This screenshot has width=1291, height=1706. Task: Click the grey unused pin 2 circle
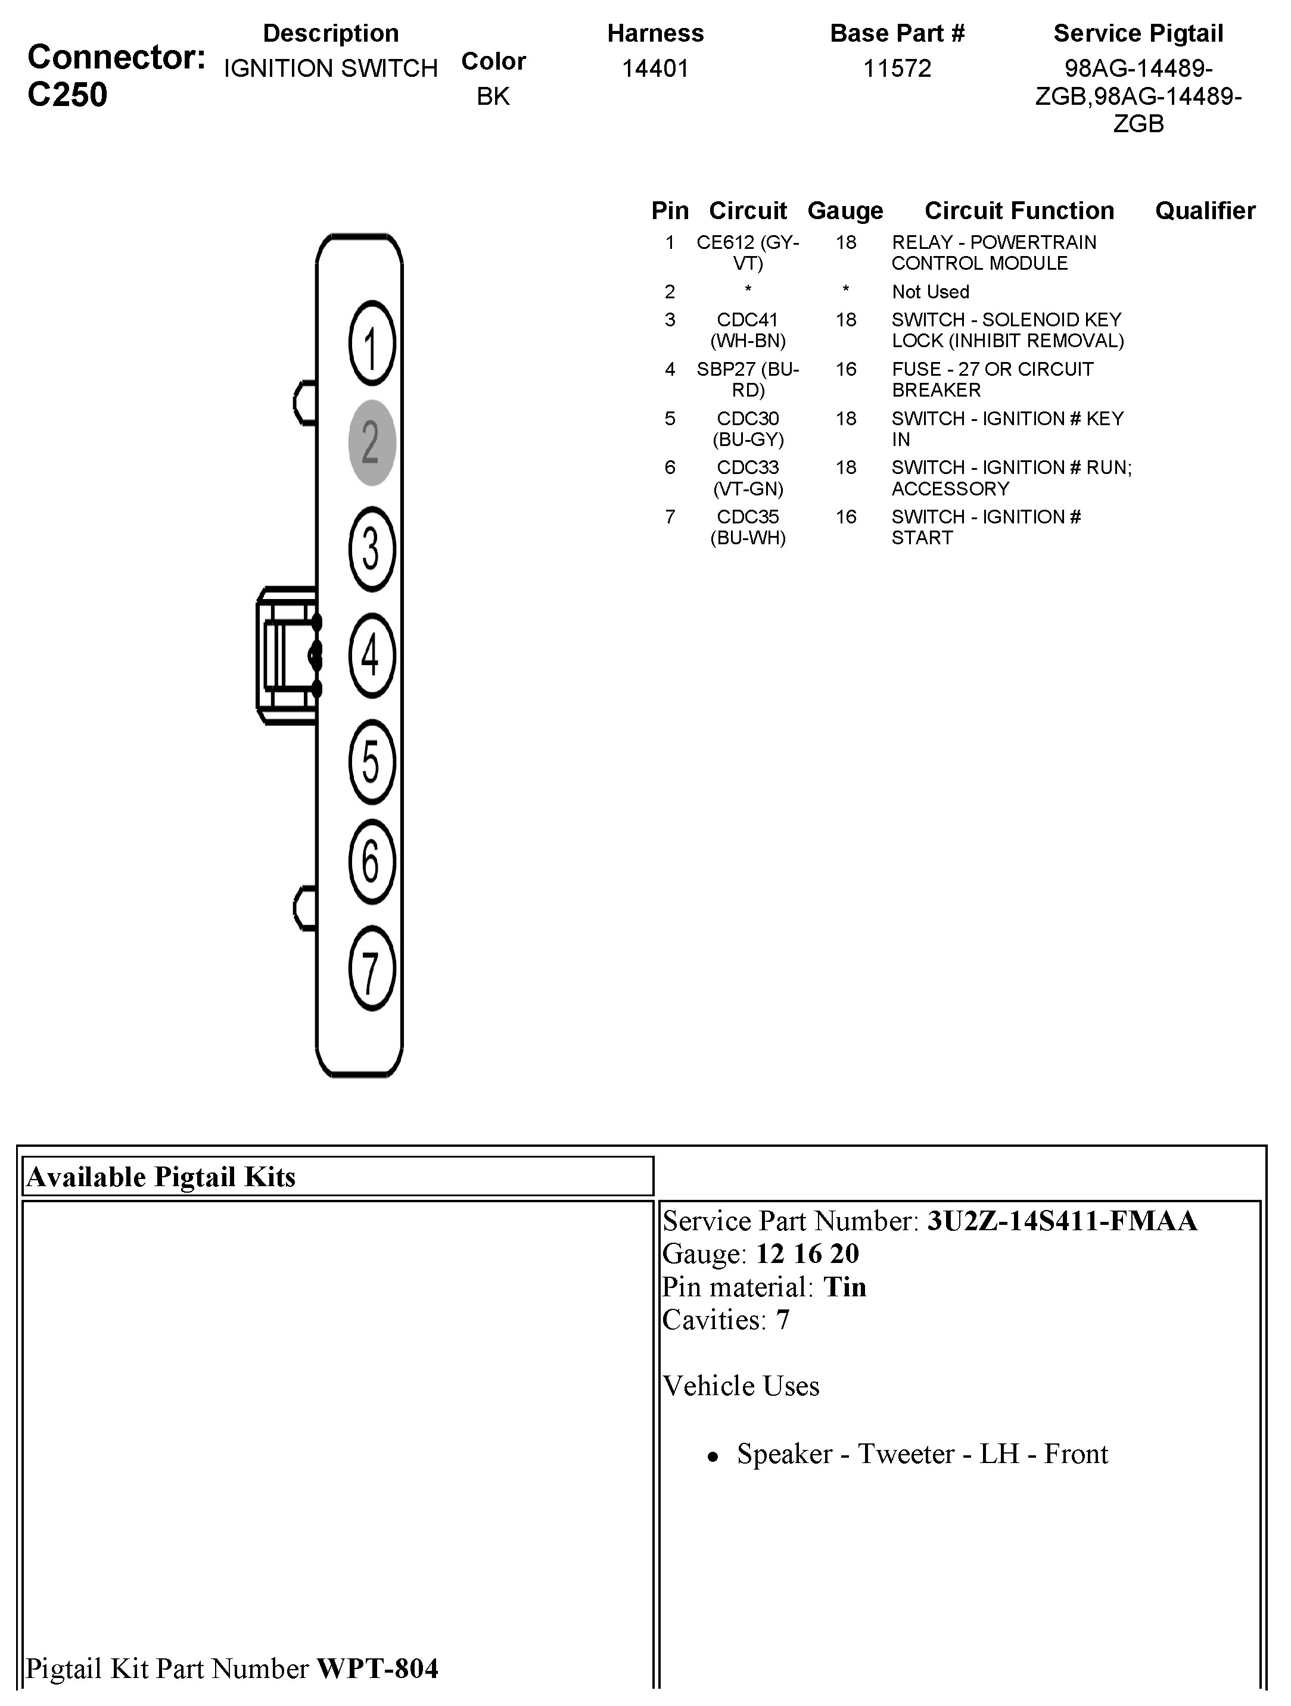(372, 442)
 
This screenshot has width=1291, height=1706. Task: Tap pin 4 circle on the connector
(372, 656)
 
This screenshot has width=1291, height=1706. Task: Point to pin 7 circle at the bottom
(372, 969)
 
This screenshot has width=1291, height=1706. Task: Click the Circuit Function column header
(1019, 211)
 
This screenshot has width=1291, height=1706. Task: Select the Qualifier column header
(1205, 211)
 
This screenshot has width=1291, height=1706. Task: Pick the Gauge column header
(845, 211)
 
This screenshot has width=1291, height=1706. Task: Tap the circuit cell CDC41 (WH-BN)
(748, 330)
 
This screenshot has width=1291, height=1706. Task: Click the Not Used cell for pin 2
(930, 292)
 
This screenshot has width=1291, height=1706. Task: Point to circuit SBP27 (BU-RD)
(748, 379)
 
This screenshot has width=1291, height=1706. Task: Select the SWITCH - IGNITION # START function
(985, 527)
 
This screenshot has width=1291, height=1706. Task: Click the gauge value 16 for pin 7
(846, 517)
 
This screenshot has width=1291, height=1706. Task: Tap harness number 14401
(655, 68)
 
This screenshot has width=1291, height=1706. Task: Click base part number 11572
(897, 68)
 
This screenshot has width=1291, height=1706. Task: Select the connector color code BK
(493, 96)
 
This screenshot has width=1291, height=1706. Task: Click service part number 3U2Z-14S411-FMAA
(1062, 1221)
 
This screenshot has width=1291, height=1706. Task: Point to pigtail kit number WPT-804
(377, 1668)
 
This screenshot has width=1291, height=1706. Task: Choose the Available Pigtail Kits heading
(161, 1177)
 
